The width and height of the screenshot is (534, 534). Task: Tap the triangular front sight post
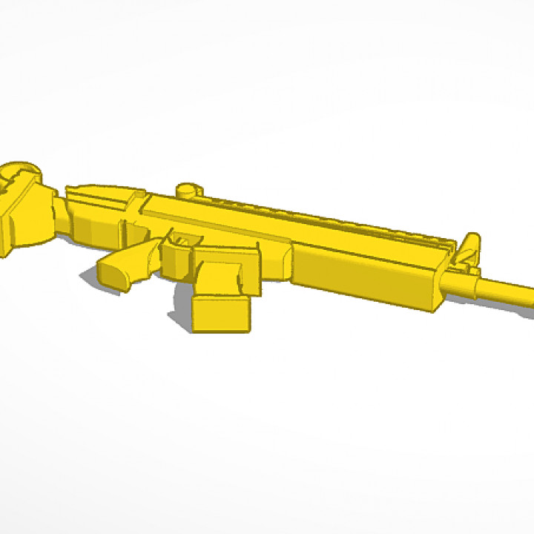469,245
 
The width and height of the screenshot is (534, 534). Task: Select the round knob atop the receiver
188,189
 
